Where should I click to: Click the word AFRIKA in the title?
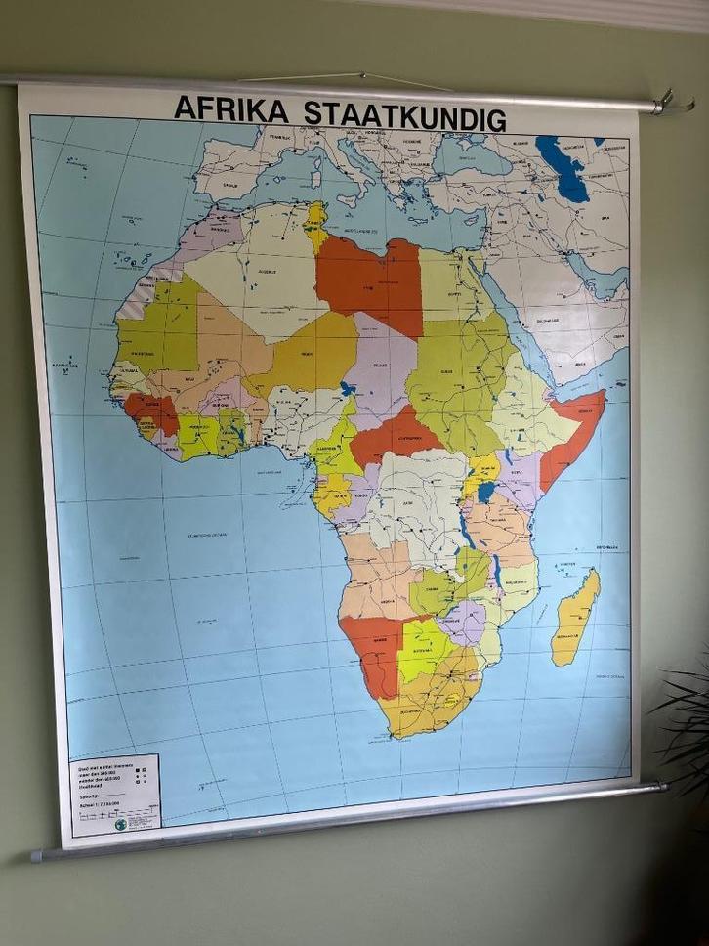(x=230, y=108)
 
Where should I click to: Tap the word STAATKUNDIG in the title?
(x=404, y=115)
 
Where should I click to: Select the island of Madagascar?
(x=574, y=618)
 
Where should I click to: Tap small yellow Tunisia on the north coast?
(x=316, y=224)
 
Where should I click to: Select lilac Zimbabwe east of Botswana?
(x=463, y=623)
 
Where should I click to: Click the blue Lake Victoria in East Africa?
(x=485, y=492)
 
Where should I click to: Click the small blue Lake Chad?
(x=347, y=389)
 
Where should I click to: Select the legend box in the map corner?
(x=114, y=795)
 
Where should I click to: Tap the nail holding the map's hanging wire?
(x=360, y=74)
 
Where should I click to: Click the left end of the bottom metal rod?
(x=37, y=856)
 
